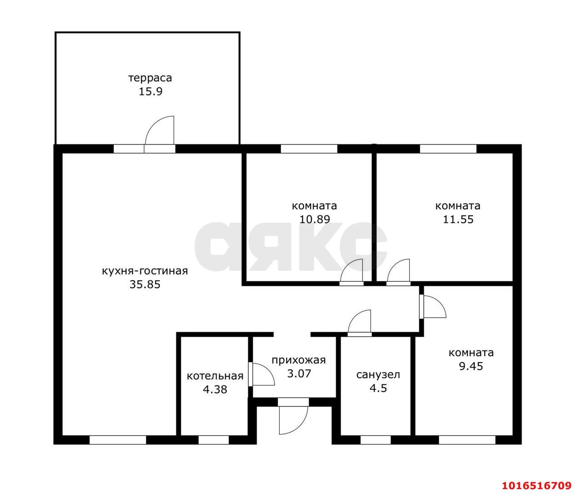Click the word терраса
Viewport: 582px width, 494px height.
pos(150,78)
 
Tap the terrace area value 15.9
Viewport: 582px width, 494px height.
pos(151,92)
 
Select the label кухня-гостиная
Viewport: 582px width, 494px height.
pos(145,271)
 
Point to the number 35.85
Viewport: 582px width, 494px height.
pos(145,284)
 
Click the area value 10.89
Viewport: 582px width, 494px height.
pos(314,219)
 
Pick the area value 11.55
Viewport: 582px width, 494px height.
pos(458,219)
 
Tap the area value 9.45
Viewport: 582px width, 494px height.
pos(471,366)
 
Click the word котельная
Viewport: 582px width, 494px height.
pos(215,376)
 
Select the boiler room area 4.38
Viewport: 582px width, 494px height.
pos(215,389)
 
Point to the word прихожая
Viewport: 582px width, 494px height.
pos(298,360)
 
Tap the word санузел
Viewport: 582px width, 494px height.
pos(378,374)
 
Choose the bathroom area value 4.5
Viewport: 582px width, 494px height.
pos(378,388)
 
